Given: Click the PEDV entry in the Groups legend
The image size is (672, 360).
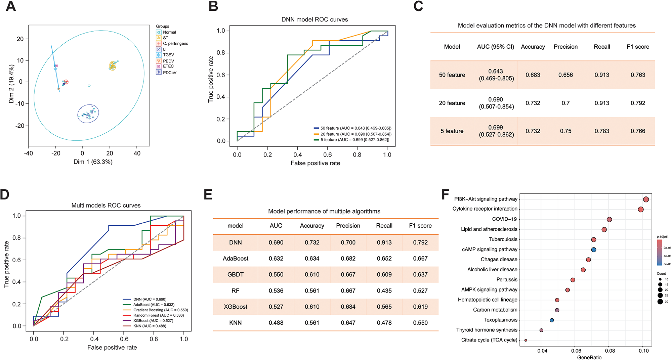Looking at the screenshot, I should click(x=168, y=61).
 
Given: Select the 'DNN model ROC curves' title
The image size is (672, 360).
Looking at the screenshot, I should click(x=314, y=19).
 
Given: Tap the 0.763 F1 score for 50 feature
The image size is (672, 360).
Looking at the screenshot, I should click(x=638, y=75).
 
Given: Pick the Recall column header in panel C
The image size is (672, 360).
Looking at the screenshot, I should click(x=602, y=47).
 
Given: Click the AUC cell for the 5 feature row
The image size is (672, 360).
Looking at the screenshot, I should click(x=496, y=131).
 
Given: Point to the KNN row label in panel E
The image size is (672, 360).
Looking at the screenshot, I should click(x=235, y=323).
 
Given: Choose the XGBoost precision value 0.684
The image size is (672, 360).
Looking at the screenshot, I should click(x=348, y=307).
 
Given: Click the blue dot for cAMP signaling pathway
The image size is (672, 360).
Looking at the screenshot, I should click(x=594, y=250).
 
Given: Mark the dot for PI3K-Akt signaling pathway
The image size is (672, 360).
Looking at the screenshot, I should click(x=646, y=199).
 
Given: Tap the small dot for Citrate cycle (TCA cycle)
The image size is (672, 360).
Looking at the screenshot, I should click(x=526, y=340).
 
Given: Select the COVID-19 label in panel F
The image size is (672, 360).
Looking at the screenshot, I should click(x=505, y=219).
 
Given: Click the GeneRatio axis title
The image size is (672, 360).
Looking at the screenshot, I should click(x=589, y=357).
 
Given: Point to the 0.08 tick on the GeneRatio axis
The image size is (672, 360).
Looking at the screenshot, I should click(x=610, y=351).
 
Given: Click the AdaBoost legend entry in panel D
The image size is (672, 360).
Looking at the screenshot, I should click(x=154, y=305).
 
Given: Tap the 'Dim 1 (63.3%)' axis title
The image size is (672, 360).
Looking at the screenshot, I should click(x=93, y=162).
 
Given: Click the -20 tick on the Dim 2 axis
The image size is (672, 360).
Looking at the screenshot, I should click(x=20, y=126).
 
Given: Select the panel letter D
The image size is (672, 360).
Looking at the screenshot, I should click(x=5, y=194).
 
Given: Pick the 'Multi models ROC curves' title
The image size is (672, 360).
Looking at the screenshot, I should click(x=106, y=205).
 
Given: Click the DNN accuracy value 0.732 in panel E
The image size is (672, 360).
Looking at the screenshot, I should click(x=312, y=242).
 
